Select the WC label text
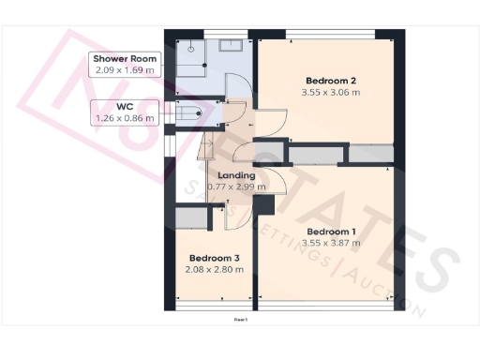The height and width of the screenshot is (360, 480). pos(126,107)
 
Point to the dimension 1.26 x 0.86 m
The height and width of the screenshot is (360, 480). pos(126,118)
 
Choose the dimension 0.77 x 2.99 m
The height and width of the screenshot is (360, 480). pos(235,187)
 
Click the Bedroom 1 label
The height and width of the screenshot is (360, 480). pos(332,231)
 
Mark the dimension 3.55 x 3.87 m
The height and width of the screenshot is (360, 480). pos(332,243)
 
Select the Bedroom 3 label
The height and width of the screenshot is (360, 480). pos(215,258)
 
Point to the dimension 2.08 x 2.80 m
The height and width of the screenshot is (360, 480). pos(215,269)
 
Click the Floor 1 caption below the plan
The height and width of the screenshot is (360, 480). pos(240,320)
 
